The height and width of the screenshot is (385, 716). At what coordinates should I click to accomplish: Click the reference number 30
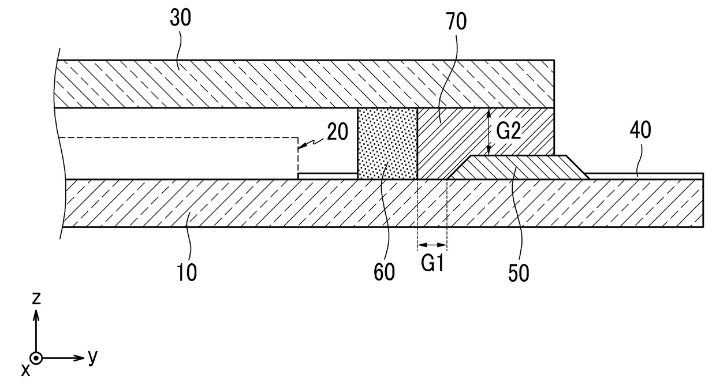coord(180,18)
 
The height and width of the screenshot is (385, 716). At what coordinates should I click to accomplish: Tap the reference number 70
coord(456,22)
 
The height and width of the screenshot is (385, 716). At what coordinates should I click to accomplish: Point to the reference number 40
coord(640,130)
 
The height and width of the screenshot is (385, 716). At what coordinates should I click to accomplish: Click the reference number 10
coord(187,272)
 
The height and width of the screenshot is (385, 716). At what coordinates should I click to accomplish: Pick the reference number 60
coord(384,272)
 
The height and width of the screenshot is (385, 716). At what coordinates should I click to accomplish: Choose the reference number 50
coord(519,274)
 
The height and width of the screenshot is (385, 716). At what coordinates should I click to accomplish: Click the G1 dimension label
coord(432,264)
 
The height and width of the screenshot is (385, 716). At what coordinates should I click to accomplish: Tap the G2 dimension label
coord(509,130)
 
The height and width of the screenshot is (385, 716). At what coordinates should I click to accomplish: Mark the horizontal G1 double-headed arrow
coord(432,245)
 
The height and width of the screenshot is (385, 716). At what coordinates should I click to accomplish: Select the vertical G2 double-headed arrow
coord(488,132)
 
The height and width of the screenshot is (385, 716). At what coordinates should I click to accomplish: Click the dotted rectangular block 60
coord(387,144)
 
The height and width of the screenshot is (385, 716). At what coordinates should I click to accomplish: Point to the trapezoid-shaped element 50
coord(518,167)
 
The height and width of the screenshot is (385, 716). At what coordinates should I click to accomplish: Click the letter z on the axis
coord(36,298)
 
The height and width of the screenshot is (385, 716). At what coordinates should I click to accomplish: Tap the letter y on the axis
coord(92,357)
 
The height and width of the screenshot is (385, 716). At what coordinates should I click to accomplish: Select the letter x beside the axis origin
coord(25,371)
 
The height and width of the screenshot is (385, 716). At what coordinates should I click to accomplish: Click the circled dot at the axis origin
coord(36,358)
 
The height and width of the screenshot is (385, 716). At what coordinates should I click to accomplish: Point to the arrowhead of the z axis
coord(36,315)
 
